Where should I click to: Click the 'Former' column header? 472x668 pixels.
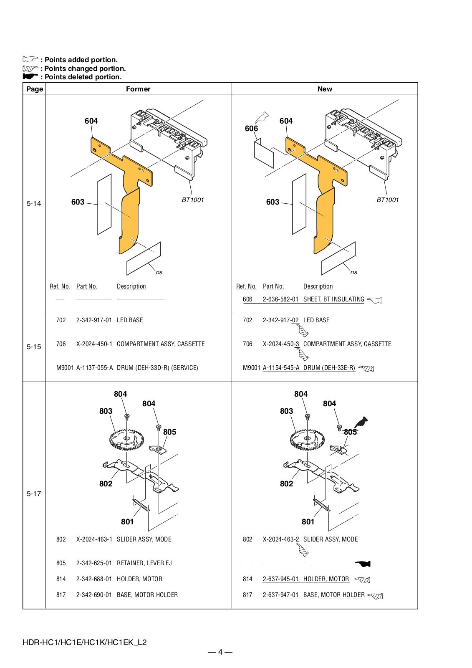click(x=138, y=89)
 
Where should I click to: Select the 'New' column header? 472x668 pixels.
click(x=325, y=89)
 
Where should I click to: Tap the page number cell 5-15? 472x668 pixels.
click(x=34, y=347)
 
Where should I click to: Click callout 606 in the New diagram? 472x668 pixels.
click(x=251, y=129)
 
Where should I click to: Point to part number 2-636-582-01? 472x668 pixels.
click(x=280, y=299)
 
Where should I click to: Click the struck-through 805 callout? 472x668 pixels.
click(x=350, y=432)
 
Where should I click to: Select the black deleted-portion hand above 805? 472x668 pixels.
click(x=361, y=422)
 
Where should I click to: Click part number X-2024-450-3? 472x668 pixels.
click(x=281, y=344)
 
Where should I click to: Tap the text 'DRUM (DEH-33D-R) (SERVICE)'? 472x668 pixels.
click(x=157, y=368)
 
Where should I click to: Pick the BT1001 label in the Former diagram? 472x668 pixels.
click(x=193, y=200)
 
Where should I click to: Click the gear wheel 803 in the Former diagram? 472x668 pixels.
click(x=126, y=440)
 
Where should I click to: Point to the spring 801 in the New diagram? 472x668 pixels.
click(x=322, y=505)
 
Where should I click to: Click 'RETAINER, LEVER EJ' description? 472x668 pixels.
click(x=144, y=563)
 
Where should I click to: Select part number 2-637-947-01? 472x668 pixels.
click(x=280, y=595)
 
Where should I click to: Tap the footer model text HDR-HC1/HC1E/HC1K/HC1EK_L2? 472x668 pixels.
click(x=85, y=643)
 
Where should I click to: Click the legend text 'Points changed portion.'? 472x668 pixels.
click(x=85, y=68)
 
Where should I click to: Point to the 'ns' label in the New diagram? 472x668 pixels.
click(x=354, y=272)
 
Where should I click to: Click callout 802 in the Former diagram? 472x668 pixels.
click(x=106, y=483)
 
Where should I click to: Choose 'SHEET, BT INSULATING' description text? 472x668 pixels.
click(x=333, y=299)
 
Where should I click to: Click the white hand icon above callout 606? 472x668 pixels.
click(x=262, y=117)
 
